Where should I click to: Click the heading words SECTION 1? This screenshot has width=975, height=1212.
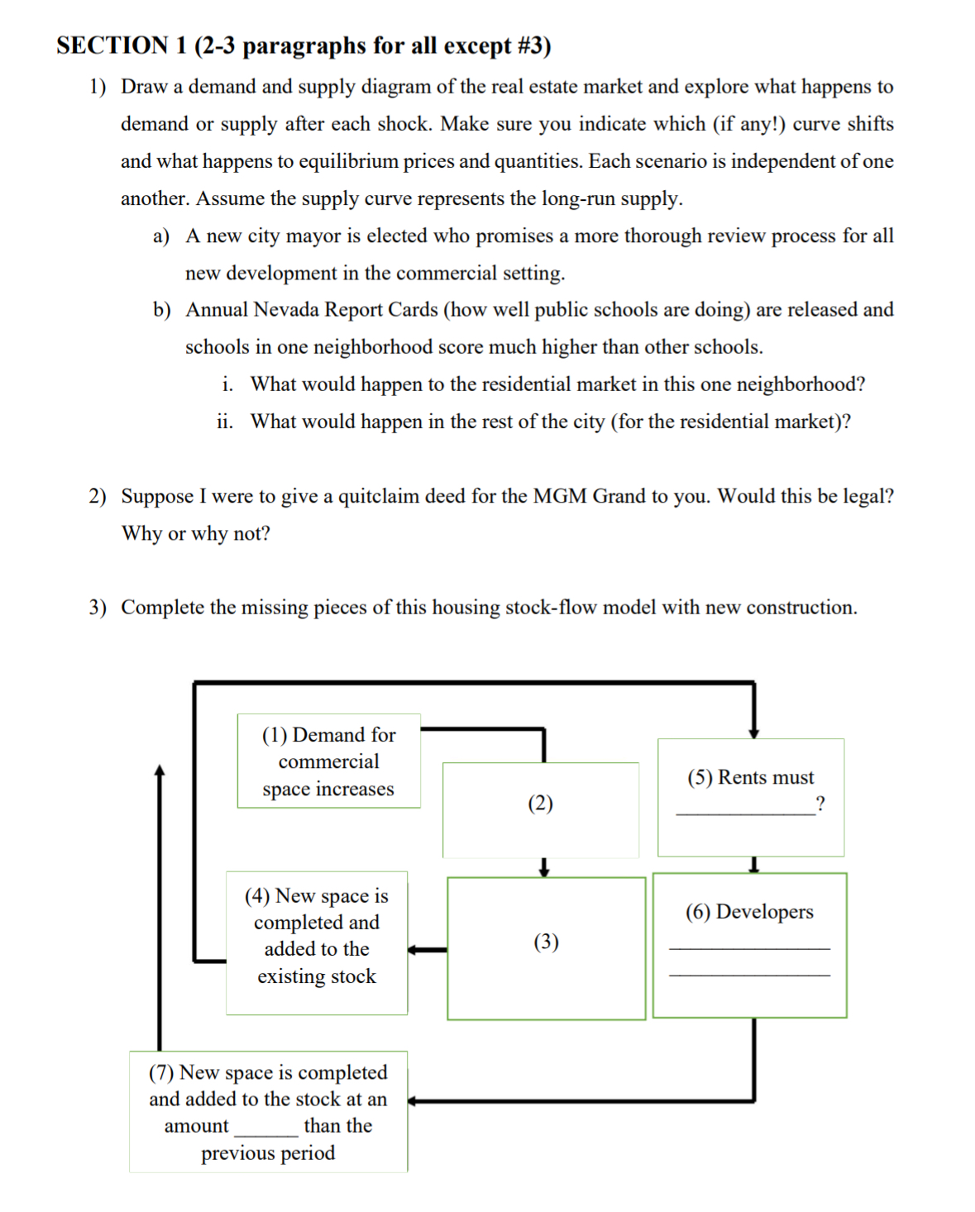point(122,45)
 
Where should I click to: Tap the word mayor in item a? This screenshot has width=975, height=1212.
point(313,236)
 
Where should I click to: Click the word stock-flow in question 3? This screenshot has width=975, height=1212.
point(553,608)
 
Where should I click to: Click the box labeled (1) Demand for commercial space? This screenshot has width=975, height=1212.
point(328,761)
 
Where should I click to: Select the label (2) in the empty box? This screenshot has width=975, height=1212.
point(540,804)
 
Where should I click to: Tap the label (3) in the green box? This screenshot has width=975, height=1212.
point(546,942)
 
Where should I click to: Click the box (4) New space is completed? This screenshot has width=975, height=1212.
point(317,936)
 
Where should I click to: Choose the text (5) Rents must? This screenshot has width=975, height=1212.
point(750,778)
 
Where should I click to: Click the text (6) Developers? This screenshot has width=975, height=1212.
point(749,912)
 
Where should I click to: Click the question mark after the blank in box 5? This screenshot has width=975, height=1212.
point(820,804)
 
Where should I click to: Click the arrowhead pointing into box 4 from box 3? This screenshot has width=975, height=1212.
point(414,950)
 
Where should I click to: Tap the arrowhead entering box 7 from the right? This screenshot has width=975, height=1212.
point(413,1101)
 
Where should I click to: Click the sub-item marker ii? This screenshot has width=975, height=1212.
point(224,422)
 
